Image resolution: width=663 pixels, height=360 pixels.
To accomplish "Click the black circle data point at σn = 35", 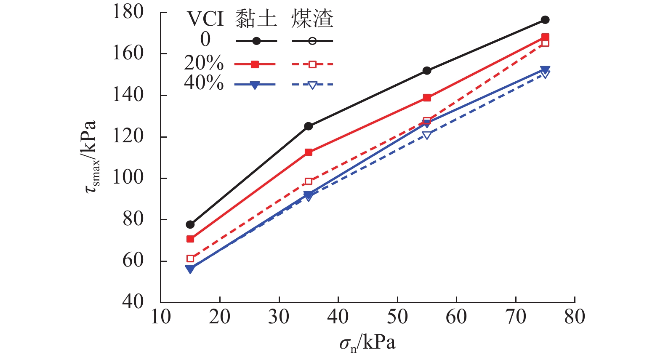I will (309, 126).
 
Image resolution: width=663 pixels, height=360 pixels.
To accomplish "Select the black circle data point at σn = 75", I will (545, 20).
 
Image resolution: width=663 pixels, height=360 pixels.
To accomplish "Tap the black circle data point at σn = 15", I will (190, 224).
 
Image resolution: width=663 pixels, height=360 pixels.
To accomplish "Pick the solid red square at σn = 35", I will (309, 152).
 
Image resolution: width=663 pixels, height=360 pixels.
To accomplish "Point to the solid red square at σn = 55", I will (427, 98).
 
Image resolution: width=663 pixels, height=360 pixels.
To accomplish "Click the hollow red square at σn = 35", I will (309, 181).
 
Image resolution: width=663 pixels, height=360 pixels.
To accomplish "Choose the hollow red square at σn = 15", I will (190, 259).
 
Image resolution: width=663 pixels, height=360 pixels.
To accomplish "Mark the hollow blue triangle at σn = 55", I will (427, 135).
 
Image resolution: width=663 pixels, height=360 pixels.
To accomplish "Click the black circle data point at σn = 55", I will (427, 71).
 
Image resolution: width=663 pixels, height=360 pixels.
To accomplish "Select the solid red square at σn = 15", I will (190, 239).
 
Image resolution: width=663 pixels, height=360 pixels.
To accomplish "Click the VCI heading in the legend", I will (205, 19).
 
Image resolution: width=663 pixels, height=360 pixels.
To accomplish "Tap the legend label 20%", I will (204, 63).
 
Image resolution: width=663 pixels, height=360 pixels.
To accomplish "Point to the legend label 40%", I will (204, 83).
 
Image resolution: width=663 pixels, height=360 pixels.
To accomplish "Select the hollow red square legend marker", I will (312, 64).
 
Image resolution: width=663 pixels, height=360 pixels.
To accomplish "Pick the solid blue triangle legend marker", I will (255, 85).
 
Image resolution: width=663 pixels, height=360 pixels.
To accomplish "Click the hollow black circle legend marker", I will (312, 41).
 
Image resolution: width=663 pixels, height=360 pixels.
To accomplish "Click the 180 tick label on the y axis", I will (128, 12).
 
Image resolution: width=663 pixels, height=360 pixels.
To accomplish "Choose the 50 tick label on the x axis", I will (397, 317).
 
